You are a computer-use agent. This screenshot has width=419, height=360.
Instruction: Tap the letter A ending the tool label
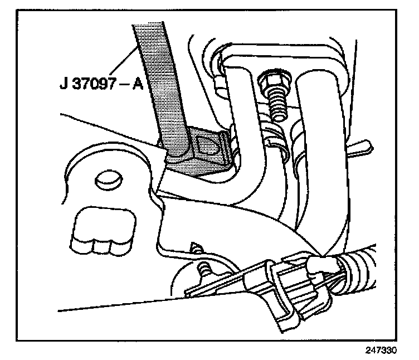(x=138, y=87)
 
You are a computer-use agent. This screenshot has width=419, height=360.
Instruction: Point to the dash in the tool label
(x=123, y=87)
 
